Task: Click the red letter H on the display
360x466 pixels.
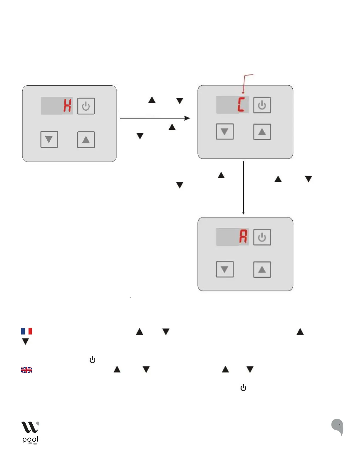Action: (67, 106)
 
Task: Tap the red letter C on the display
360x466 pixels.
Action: (241, 105)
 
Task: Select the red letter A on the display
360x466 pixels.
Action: (243, 237)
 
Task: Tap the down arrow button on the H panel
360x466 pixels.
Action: (49, 139)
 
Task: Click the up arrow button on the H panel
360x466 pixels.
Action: (86, 139)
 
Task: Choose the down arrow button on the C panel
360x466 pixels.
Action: (225, 132)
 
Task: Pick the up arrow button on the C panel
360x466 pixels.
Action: (262, 132)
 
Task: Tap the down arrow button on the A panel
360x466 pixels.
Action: (225, 269)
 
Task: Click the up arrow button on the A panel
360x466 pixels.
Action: (262, 269)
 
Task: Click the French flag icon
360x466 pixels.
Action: (26, 331)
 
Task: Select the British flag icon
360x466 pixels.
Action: (26, 370)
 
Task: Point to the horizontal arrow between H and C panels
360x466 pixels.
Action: (155, 118)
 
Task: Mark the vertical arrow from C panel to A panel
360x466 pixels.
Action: (244, 188)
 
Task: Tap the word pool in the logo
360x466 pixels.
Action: (30, 440)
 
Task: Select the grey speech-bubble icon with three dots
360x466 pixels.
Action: (338, 426)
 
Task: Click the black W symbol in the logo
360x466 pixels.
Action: (30, 427)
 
